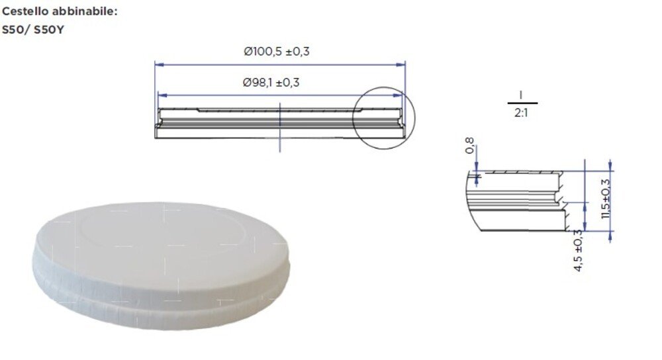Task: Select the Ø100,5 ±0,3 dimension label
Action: [x=277, y=52]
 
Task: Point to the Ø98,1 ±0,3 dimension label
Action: [x=271, y=82]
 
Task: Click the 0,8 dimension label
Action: [x=469, y=146]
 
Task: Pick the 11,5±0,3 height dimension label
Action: [x=606, y=199]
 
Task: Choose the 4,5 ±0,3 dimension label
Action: [x=578, y=250]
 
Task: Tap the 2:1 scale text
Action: [x=521, y=113]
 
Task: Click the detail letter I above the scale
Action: [x=521, y=95]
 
